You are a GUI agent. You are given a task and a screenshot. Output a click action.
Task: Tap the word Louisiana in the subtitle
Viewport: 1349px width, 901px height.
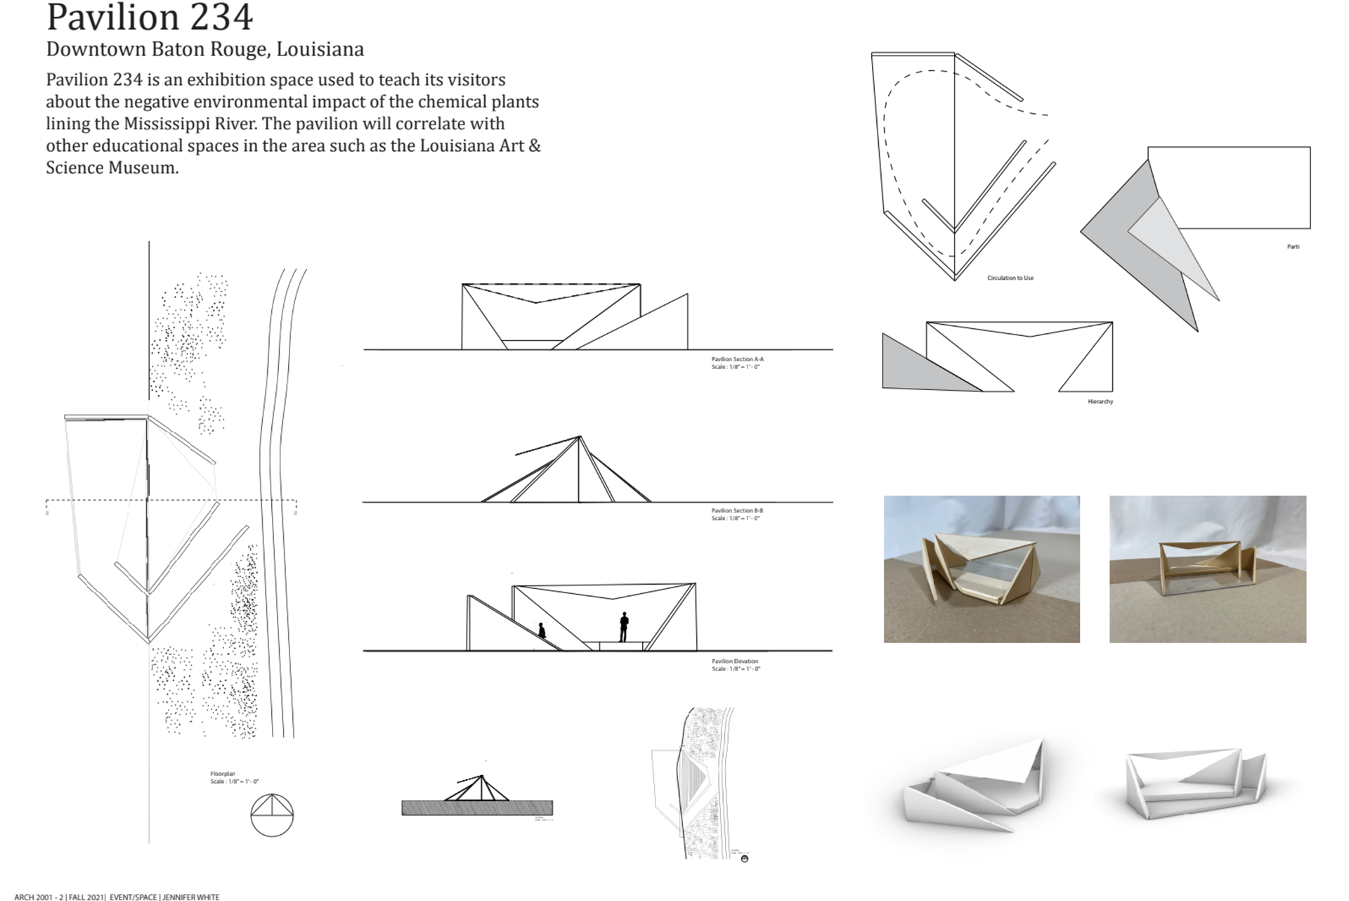(x=320, y=49)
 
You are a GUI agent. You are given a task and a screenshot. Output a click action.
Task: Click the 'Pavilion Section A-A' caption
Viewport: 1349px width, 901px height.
(x=737, y=359)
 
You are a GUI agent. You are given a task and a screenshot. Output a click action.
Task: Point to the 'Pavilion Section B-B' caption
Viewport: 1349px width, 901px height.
(x=737, y=510)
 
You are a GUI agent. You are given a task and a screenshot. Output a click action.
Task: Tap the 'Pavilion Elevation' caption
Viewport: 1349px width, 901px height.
(x=734, y=661)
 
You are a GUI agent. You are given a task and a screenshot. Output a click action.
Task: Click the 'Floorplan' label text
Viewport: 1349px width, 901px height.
(x=223, y=774)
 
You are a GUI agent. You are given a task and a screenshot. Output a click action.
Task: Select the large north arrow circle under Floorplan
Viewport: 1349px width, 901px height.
(x=272, y=815)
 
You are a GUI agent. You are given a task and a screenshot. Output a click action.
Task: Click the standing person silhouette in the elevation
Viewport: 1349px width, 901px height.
(x=623, y=626)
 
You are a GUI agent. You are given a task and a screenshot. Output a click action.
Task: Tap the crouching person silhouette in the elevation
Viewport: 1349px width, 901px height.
(x=542, y=630)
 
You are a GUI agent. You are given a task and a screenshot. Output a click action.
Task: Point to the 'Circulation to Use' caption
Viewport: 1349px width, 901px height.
(x=1010, y=278)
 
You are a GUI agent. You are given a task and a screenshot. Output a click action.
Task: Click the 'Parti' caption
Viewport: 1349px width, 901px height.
(x=1293, y=247)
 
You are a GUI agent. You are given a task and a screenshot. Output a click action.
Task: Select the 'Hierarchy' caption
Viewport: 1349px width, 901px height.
(x=1100, y=402)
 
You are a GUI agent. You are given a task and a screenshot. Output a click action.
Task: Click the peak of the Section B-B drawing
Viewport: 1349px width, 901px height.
(x=580, y=437)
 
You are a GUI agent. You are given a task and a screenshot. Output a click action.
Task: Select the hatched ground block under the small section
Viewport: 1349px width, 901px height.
(x=476, y=808)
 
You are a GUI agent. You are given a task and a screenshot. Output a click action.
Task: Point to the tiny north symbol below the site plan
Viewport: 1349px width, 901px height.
(x=745, y=859)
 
